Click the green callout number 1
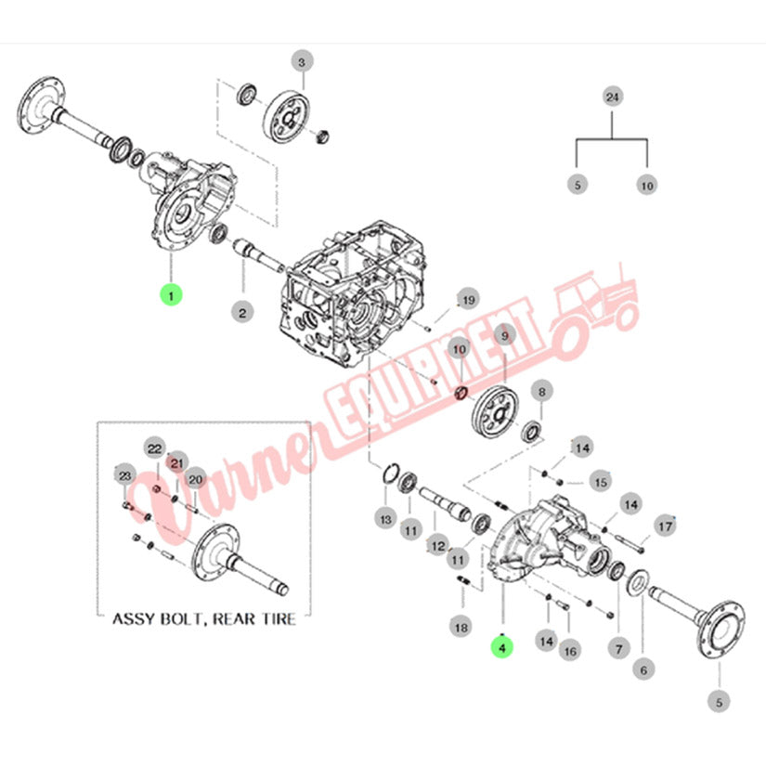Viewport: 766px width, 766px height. click(x=170, y=295)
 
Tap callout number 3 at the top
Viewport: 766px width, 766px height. click(x=300, y=62)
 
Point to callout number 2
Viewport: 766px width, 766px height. click(x=242, y=312)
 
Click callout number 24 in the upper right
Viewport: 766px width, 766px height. click(x=611, y=97)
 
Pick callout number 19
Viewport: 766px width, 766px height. click(x=468, y=299)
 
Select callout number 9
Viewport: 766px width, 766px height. click(x=505, y=334)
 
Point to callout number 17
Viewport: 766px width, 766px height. click(x=665, y=526)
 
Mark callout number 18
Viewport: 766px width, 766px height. click(x=461, y=628)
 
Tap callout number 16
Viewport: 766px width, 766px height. click(x=570, y=651)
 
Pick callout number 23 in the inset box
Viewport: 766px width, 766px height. click(x=125, y=476)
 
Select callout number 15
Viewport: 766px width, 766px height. click(x=601, y=482)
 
